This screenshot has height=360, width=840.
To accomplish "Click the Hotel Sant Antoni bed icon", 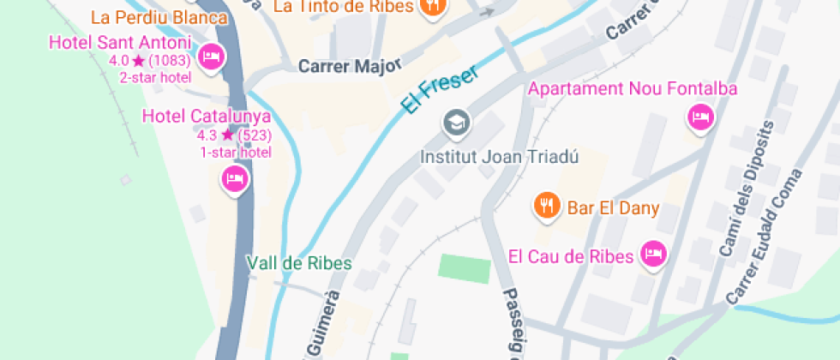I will [211, 57].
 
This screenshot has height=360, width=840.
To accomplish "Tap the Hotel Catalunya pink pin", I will [235, 179].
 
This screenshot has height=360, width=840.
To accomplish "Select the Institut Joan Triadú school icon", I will [456, 123].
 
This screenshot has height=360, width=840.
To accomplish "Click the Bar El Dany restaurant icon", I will [545, 206].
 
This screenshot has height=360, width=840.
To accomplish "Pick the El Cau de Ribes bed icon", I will [654, 254].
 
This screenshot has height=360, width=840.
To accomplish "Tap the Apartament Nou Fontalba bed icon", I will [700, 117].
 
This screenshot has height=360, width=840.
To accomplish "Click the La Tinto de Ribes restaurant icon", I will [433, 6].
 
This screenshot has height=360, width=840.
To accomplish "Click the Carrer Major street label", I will [339, 66].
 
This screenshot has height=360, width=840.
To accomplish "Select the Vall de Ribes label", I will [299, 263].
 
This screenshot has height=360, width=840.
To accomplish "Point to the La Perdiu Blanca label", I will [159, 17].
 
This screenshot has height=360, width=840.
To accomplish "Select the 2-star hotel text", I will [154, 77].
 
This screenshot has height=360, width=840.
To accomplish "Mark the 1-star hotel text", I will [236, 152].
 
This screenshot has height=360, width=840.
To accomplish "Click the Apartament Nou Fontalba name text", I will [633, 88].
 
